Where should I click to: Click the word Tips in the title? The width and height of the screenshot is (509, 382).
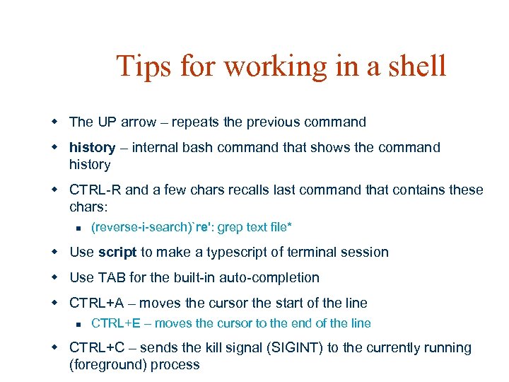coord(144,66)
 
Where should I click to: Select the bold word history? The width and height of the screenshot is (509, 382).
coord(92,147)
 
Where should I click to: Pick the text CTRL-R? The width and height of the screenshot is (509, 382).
coord(96,190)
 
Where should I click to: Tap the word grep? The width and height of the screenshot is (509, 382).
coord(229,227)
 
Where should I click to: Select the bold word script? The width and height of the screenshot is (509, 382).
coord(117,252)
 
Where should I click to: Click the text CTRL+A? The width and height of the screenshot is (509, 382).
coord(96,303)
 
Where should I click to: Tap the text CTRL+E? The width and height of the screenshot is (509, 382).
coord(117,323)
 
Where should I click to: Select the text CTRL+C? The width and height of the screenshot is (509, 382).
coord(97,348)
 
